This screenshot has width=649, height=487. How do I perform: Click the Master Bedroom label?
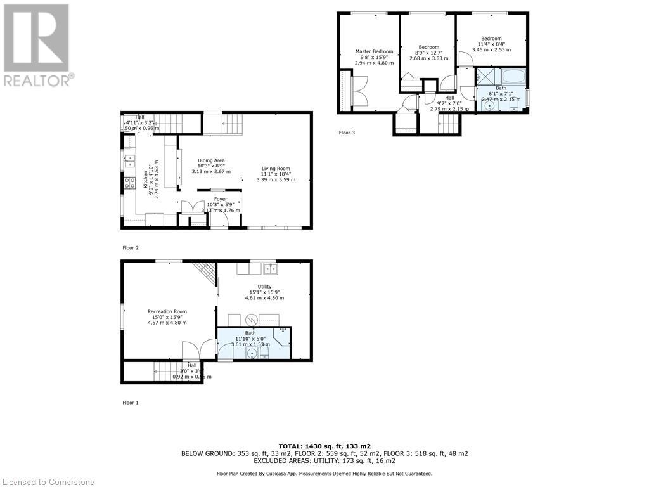[x=374, y=51]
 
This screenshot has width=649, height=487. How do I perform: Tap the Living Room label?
[x=276, y=168]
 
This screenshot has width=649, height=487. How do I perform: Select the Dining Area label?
[x=211, y=160]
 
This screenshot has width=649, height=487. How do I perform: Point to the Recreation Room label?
[x=167, y=311]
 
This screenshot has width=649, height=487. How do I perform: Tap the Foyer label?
[x=220, y=199]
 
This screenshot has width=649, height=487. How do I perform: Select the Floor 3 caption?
[x=347, y=133]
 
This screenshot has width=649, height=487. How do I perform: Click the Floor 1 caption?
[x=130, y=403]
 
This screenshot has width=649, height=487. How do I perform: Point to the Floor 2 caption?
[x=130, y=248]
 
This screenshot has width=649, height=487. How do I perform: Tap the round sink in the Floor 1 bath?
[x=252, y=353]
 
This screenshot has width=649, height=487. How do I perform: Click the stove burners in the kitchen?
[x=129, y=183]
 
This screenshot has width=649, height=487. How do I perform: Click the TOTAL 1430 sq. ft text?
[x=324, y=446]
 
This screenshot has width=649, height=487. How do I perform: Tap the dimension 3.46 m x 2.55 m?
[x=491, y=49]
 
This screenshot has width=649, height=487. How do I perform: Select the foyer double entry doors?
[x=189, y=206]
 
